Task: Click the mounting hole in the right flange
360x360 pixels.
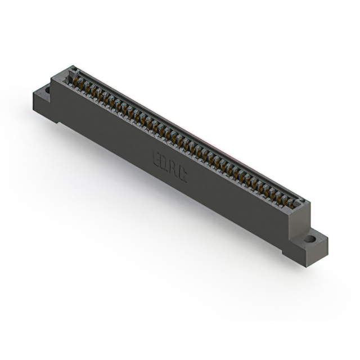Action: coord(310,239)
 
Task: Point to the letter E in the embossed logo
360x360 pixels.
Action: coord(156,159)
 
